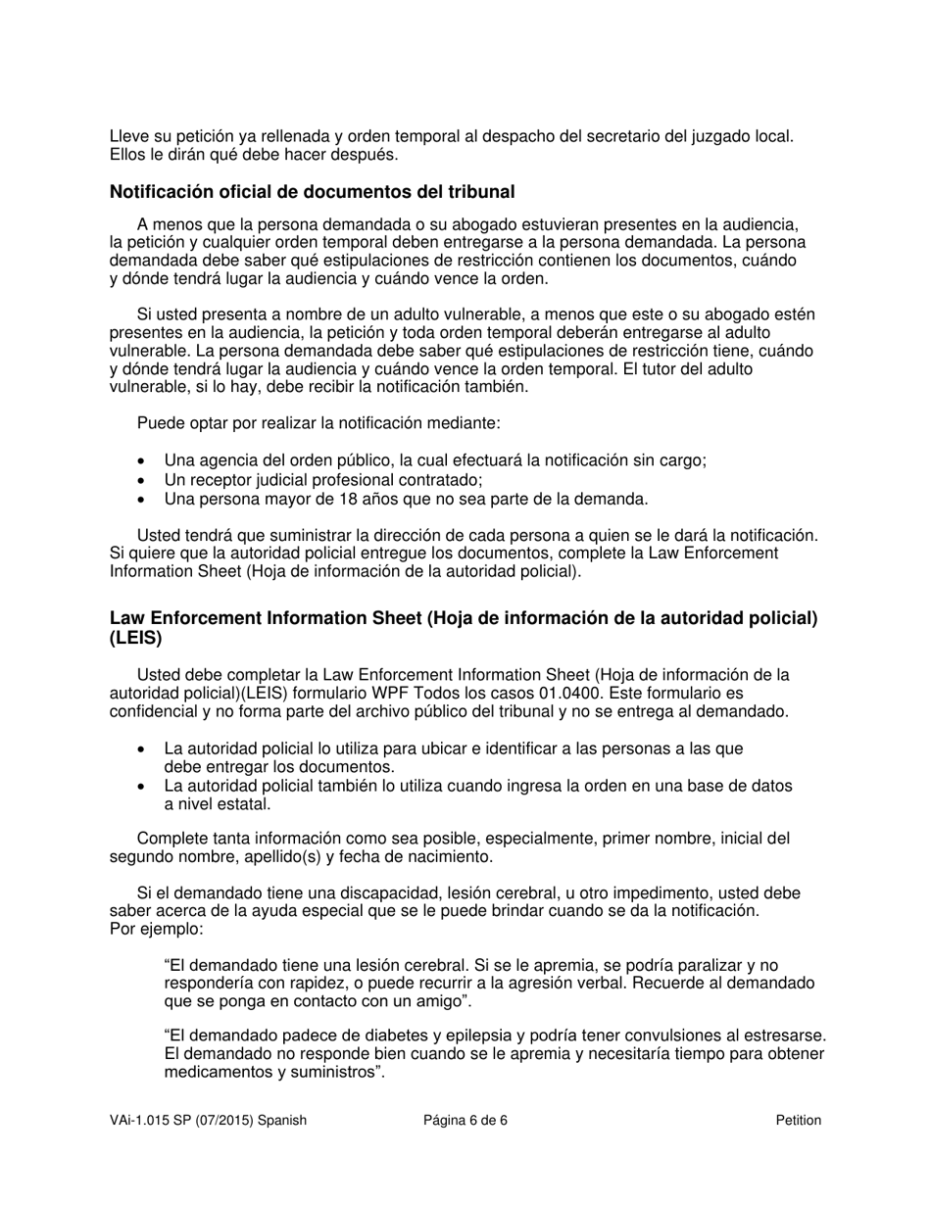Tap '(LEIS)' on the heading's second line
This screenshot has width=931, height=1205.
click(136, 638)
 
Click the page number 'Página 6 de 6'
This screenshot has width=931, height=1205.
click(465, 1121)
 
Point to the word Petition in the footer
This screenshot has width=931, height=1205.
click(798, 1121)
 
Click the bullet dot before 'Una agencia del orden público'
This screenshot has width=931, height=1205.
click(144, 461)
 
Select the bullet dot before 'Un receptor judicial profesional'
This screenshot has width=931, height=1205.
click(144, 480)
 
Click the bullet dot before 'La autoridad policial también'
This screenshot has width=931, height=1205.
click(144, 787)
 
